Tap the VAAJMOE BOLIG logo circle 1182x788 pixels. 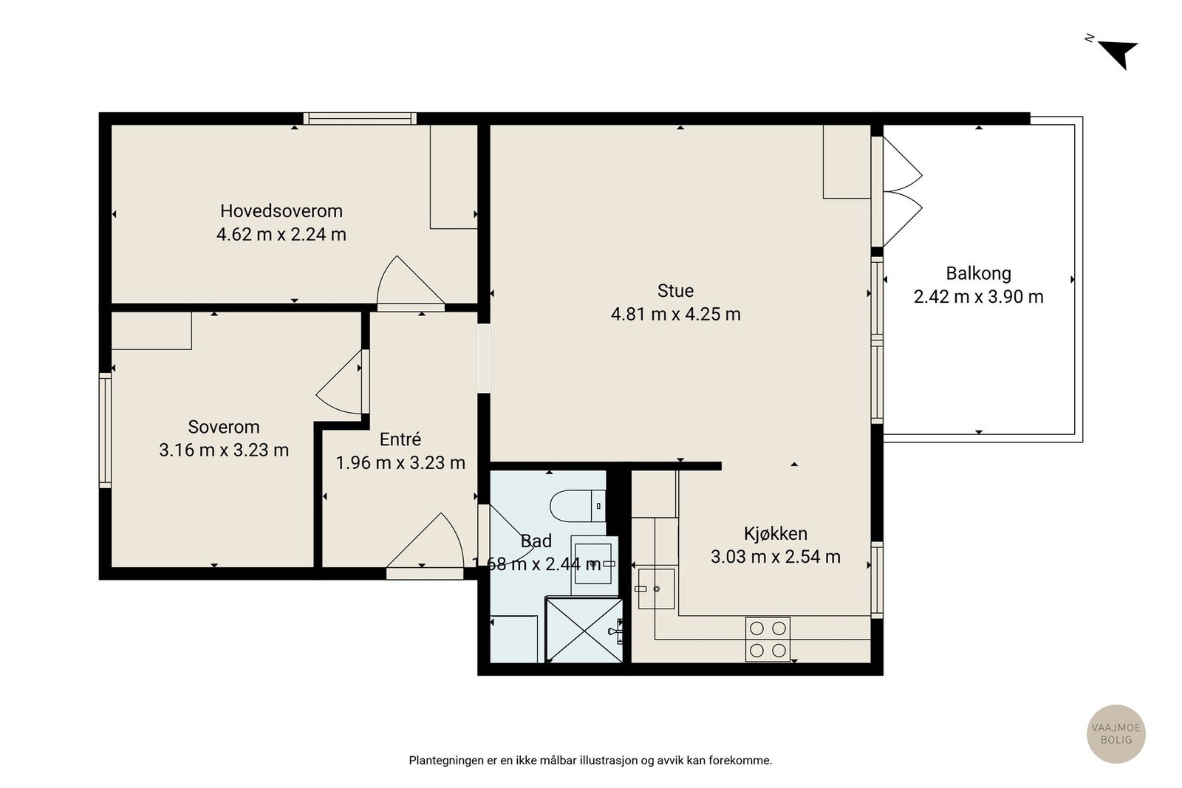[x=1116, y=734]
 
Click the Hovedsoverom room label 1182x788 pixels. [x=281, y=211]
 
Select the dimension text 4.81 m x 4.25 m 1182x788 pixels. [x=675, y=315]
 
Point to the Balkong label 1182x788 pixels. [x=978, y=273]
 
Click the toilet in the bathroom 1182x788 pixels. [x=578, y=506]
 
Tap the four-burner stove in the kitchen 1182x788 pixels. [x=768, y=640]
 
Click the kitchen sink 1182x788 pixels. [x=657, y=589]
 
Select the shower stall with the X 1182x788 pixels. [x=584, y=630]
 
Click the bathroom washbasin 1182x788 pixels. [x=594, y=565]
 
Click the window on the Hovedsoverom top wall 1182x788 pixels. [x=360, y=119]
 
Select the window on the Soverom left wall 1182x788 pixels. [x=106, y=431]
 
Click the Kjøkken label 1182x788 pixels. [x=775, y=534]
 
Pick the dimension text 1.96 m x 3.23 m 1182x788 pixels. [x=400, y=463]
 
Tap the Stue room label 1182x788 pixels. [x=675, y=291]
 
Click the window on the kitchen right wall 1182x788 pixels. [x=876, y=580]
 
